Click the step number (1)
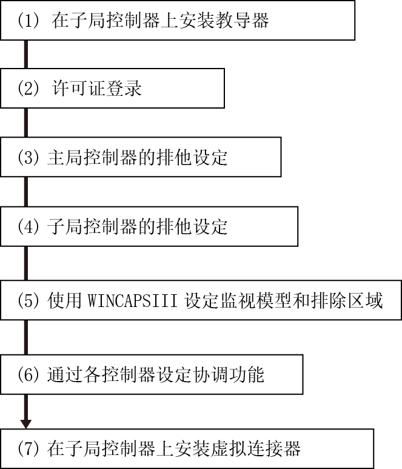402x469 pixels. (28, 21)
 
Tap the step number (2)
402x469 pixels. (28, 88)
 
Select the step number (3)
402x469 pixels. (28, 157)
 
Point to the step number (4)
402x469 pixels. (28, 226)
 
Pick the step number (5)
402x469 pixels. (28, 300)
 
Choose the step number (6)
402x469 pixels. (28, 374)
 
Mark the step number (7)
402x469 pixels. (28, 448)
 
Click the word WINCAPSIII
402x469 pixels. (132, 300)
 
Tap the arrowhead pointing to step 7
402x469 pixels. (26, 424)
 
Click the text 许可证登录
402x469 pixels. (96, 88)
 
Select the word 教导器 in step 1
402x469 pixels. (242, 21)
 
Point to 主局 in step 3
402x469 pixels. (65, 157)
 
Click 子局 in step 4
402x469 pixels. (65, 226)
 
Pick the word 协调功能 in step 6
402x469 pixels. (229, 374)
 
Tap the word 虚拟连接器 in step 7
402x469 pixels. (256, 448)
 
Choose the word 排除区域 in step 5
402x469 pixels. (347, 300)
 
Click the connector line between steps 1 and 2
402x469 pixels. (26, 54)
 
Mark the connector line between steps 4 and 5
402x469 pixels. (26, 263)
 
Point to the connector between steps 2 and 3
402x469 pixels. (26, 123)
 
